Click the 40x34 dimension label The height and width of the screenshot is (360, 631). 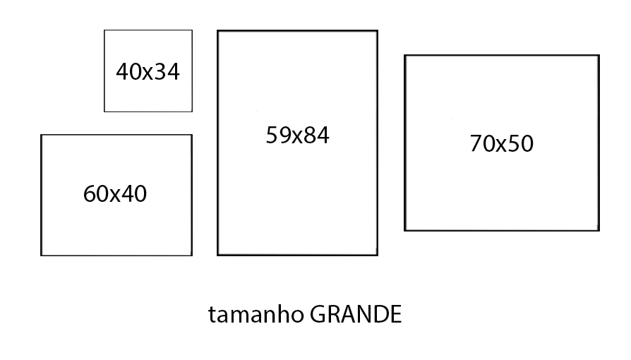[148, 72]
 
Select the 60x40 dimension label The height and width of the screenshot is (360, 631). [115, 194]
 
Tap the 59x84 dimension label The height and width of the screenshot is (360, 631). [297, 136]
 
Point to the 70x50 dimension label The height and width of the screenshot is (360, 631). [501, 144]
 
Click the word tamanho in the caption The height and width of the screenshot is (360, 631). [256, 315]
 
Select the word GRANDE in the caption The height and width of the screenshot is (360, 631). [356, 315]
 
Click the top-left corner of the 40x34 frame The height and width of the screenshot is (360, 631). [104, 30]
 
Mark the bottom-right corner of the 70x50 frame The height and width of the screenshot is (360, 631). [599, 230]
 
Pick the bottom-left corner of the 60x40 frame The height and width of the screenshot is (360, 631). [41, 256]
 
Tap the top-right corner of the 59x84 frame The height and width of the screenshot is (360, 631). [377, 30]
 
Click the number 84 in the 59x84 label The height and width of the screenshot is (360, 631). [316, 136]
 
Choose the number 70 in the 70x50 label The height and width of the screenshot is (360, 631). [483, 144]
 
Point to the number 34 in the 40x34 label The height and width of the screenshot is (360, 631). [167, 72]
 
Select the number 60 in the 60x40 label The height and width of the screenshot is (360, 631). [96, 194]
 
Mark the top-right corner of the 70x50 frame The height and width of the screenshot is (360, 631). [599, 56]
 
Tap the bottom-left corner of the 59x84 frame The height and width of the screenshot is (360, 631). [217, 255]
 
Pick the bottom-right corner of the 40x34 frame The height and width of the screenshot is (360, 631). [192, 112]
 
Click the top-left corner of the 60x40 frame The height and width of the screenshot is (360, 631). [41, 135]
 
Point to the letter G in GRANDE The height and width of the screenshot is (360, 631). [318, 315]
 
